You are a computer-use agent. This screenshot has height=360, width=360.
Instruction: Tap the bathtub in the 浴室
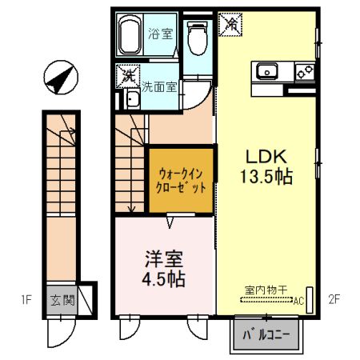point(130,34)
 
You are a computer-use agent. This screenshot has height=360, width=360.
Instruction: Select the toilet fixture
point(196,38)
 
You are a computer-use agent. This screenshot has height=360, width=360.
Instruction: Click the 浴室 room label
point(160,34)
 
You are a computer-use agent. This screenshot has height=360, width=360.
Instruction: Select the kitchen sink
point(267,72)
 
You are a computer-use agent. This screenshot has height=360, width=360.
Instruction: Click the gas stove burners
point(305,72)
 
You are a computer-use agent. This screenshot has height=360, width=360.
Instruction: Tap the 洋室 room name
point(164,259)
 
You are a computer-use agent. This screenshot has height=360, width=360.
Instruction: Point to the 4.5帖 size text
point(164,280)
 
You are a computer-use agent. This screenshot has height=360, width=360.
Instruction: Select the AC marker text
point(298,302)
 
